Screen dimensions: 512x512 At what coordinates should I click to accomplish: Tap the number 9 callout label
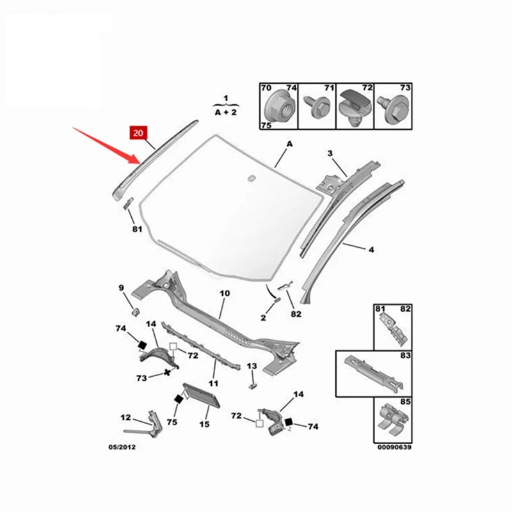(x=121, y=289)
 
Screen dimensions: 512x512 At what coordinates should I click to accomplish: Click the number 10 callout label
(x=224, y=293)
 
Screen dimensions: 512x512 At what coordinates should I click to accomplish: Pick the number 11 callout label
(x=214, y=383)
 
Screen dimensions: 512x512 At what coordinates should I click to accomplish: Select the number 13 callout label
(x=252, y=365)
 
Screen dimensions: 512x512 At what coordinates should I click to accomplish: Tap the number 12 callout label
(x=127, y=417)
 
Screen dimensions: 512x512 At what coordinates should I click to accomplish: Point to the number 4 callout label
(x=371, y=250)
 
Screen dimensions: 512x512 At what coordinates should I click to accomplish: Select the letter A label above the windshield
(x=289, y=145)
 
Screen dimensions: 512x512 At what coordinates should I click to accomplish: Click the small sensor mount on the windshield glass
(x=252, y=177)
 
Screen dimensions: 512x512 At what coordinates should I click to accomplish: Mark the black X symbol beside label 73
(x=168, y=371)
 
